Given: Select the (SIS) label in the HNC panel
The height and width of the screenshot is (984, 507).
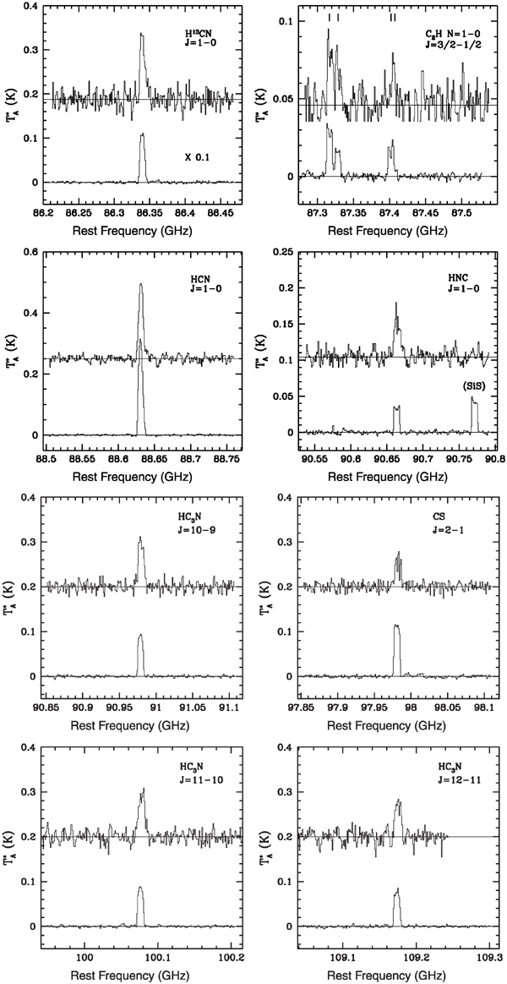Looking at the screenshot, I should (471, 385).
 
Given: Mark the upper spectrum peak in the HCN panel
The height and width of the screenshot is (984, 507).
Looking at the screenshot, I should (140, 284).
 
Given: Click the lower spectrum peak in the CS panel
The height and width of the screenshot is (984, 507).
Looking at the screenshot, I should (396, 626).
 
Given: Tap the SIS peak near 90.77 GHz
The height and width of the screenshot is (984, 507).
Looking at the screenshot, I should (473, 397).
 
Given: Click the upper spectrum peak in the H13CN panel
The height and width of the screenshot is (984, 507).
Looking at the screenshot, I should (142, 35).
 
